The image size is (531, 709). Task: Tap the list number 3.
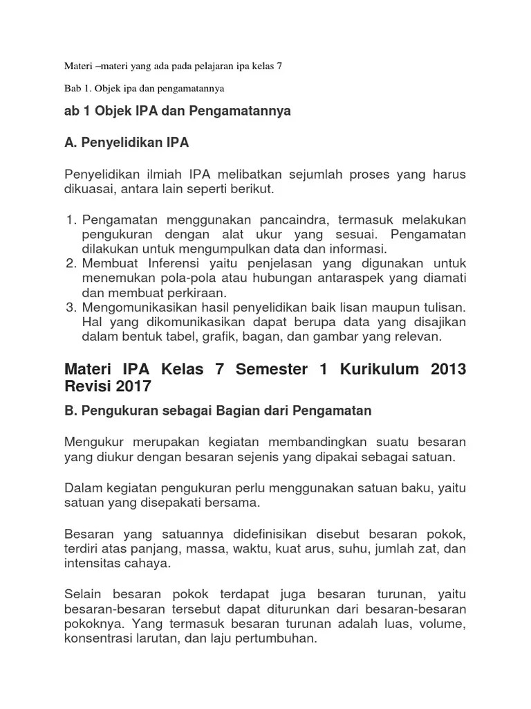coord(71,307)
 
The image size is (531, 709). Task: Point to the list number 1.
coord(71,219)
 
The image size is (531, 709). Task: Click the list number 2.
coord(71,263)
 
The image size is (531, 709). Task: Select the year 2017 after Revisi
coord(136,386)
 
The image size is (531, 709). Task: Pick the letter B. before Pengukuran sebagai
coord(71,411)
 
